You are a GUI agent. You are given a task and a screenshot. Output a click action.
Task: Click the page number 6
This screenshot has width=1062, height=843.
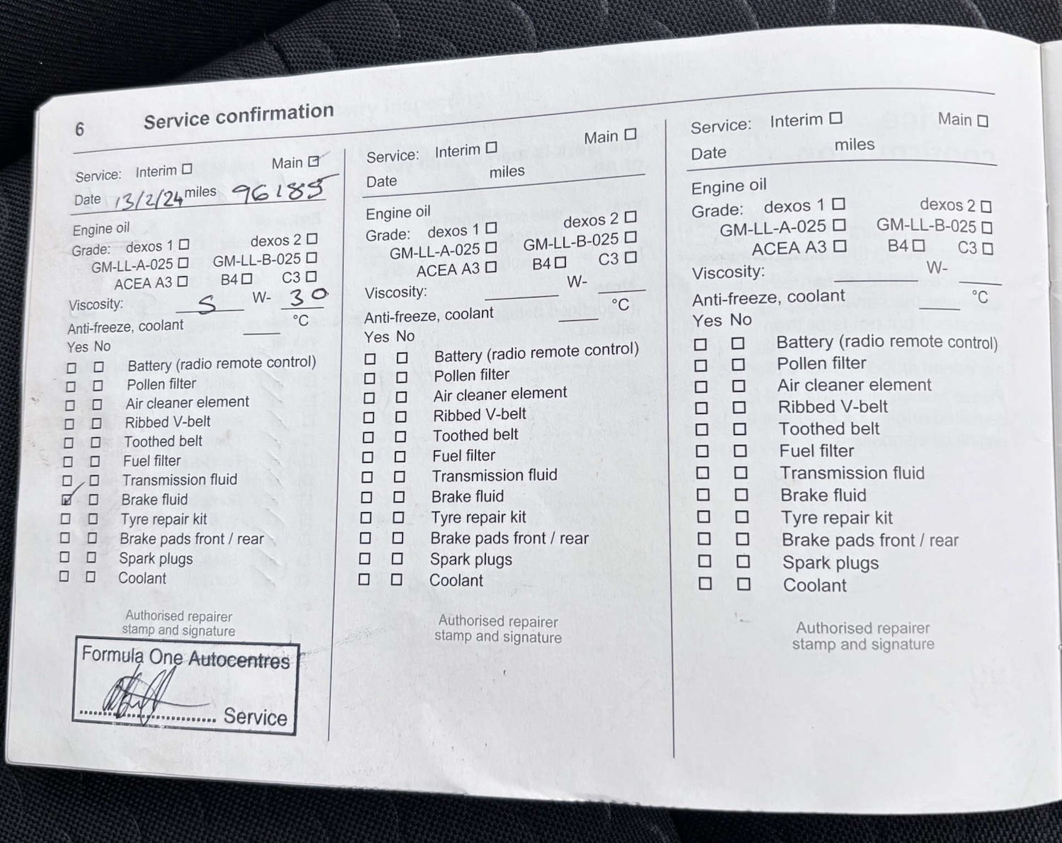[79, 130]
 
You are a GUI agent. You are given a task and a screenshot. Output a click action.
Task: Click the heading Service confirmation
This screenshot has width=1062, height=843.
[239, 116]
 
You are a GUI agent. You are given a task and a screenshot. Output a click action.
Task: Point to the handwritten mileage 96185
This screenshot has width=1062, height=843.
[279, 190]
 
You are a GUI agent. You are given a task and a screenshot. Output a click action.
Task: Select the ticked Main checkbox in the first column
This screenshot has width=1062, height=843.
[314, 162]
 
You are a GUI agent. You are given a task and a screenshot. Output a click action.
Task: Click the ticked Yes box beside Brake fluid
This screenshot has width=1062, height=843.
[67, 499]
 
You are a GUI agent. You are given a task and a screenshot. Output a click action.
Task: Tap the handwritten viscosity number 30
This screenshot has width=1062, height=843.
[307, 295]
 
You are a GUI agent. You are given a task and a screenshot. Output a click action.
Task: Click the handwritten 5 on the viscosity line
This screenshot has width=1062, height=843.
[207, 305]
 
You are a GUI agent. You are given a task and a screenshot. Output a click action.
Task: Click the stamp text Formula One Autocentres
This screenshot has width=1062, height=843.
[185, 658]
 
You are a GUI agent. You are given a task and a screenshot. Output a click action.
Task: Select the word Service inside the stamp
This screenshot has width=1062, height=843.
[255, 717]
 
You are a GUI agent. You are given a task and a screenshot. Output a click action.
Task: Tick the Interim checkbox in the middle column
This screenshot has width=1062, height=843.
[491, 147]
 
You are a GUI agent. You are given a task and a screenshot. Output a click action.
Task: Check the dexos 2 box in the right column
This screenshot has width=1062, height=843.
[986, 206]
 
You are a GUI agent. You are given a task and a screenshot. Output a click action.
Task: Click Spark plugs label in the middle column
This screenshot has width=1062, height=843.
[471, 560]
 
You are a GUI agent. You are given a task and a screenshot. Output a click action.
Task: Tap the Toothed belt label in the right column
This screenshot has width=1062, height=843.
[828, 429]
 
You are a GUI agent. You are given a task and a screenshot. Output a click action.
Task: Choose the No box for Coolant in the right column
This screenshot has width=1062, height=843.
[743, 584]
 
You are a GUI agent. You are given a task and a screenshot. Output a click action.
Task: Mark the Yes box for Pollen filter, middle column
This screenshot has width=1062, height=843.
[370, 378]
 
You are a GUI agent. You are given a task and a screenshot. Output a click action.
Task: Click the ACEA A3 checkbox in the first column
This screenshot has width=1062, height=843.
[183, 281]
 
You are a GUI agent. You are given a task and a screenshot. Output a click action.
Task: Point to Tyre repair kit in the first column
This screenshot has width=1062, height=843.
[164, 519]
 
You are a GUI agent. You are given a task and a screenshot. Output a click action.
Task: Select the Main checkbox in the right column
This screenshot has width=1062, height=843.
[983, 121]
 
